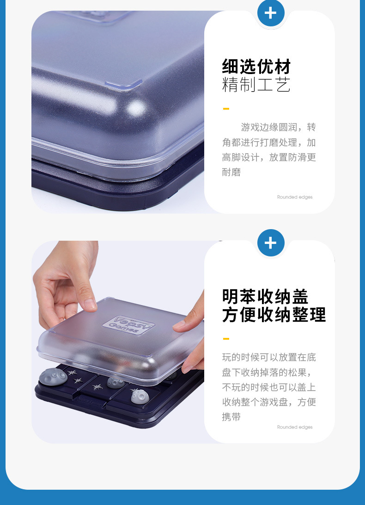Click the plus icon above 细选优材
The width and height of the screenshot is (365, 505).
[x=270, y=12]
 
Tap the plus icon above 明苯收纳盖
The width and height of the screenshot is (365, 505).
[x=270, y=243]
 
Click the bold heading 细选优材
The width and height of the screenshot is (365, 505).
[x=256, y=67]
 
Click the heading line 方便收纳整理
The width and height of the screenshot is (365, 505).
[x=274, y=315]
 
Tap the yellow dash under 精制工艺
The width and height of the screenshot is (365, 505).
[x=226, y=109]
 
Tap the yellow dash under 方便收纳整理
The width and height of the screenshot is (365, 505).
[x=226, y=339]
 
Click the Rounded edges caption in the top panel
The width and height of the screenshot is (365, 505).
[x=295, y=197]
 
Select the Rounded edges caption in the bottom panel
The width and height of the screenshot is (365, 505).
[x=295, y=427]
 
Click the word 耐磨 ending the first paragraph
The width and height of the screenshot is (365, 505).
[x=231, y=172]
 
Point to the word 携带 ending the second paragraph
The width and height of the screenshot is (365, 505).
[x=231, y=417]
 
